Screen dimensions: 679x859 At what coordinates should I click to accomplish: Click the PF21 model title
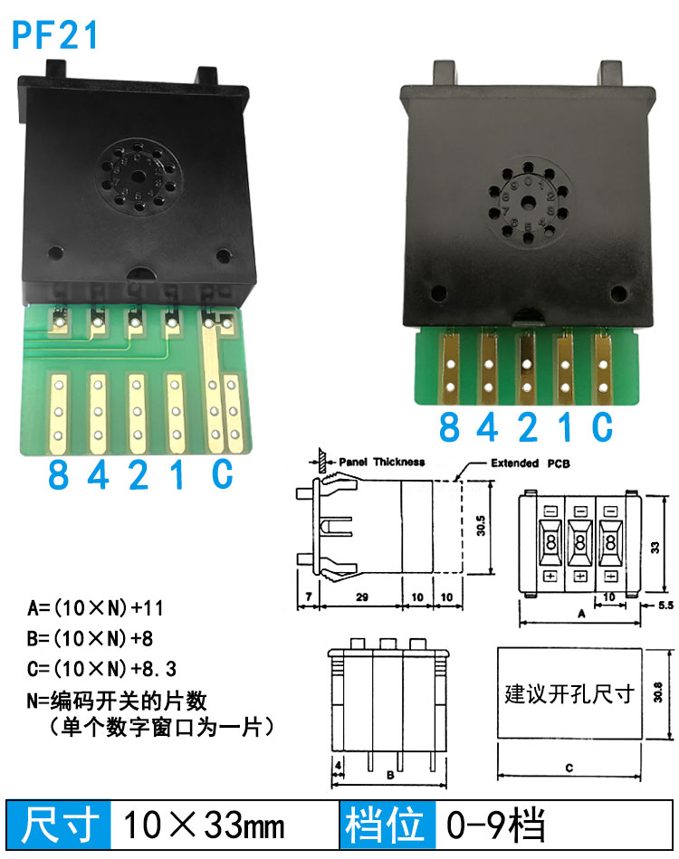55,35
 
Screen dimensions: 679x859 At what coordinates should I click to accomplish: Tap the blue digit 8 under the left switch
59,474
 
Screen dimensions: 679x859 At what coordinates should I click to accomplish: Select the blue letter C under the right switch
602,426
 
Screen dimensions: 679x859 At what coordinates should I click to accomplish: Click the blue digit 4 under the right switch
487,426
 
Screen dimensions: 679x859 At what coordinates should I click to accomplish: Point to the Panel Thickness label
381,462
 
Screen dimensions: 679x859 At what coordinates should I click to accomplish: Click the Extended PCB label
530,463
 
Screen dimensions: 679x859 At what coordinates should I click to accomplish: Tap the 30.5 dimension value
481,525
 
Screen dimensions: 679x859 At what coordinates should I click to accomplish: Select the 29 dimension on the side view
362,597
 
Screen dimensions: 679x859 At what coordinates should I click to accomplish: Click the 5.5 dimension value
665,606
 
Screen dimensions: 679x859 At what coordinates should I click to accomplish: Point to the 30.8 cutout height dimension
657,692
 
